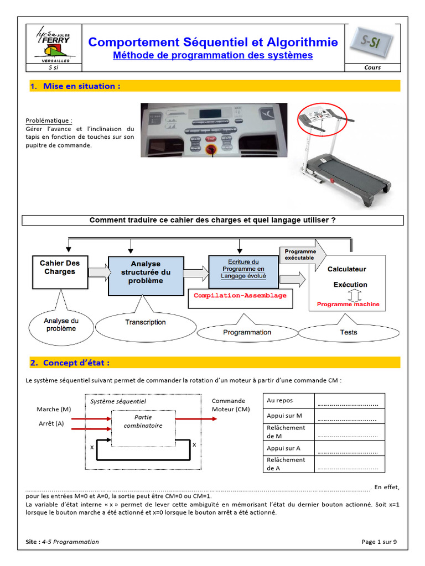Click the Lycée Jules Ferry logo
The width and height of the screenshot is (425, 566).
pyautogui.click(x=54, y=44)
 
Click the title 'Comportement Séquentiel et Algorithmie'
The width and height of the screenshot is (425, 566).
pyautogui.click(x=213, y=42)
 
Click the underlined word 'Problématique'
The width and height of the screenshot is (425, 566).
pyautogui.click(x=49, y=120)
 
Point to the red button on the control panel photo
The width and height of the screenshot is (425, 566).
pyautogui.click(x=210, y=149)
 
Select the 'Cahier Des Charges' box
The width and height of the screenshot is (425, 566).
pyautogui.click(x=60, y=271)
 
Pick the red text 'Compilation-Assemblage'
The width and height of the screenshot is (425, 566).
pyautogui.click(x=240, y=296)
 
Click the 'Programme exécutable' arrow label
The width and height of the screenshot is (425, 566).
pyautogui.click(x=300, y=255)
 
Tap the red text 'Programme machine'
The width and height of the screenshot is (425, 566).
pyautogui.click(x=348, y=304)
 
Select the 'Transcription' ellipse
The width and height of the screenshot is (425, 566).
pyautogui.click(x=145, y=322)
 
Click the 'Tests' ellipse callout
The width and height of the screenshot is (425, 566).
pyautogui.click(x=349, y=332)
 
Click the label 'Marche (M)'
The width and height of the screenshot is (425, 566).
pyautogui.click(x=54, y=409)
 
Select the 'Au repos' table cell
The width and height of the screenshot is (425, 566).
pyautogui.click(x=280, y=400)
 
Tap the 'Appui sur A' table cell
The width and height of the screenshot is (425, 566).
pyautogui.click(x=283, y=448)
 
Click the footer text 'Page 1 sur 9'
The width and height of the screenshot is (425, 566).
pyautogui.click(x=379, y=542)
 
